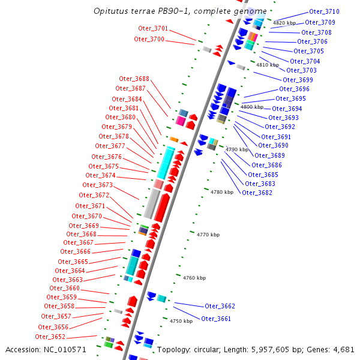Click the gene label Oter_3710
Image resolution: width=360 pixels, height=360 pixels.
tap(324, 11)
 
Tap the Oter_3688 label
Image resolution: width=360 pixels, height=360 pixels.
tap(134, 79)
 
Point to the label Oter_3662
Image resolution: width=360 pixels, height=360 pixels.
tap(220, 306)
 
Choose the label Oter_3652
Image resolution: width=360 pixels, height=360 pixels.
tap(51, 337)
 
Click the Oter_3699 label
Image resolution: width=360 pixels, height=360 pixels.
tap(298, 80)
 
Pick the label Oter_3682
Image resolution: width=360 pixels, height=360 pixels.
tap(257, 193)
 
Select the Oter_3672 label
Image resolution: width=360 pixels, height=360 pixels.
tap(94, 195)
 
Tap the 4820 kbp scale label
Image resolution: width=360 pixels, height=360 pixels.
tap(283, 23)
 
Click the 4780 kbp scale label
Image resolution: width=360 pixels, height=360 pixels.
tap(222, 192)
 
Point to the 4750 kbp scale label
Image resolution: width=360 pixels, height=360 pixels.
tap(181, 321)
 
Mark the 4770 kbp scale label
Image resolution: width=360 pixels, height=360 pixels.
tap(208, 235)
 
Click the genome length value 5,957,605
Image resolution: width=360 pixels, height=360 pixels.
tap(264, 349)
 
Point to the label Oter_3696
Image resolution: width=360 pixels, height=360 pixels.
tap(294, 89)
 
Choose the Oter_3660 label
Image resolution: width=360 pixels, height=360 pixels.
tap(64, 288)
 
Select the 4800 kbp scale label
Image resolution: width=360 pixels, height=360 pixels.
tap(252, 107)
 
